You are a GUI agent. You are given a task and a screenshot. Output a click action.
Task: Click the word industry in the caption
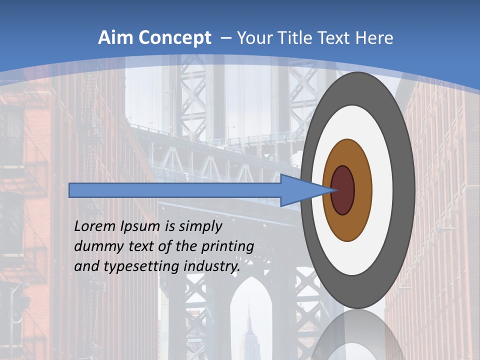[212, 267]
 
